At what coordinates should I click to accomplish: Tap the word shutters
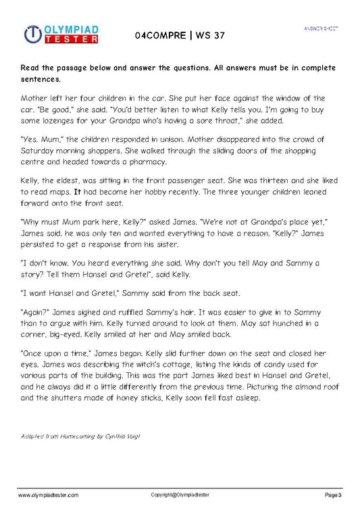[67, 399]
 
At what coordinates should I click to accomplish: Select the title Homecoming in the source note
[75, 436]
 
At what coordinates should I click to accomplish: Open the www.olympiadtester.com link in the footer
[48, 495]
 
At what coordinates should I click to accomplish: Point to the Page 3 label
[334, 495]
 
